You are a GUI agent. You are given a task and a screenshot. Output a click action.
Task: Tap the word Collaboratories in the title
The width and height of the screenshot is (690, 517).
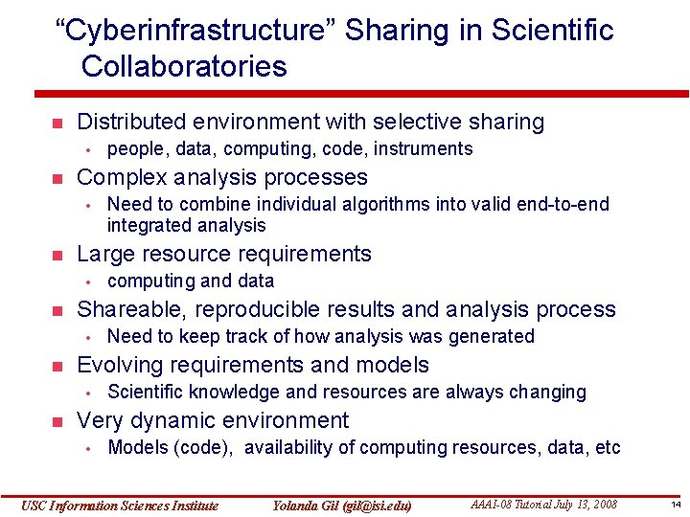point(184,67)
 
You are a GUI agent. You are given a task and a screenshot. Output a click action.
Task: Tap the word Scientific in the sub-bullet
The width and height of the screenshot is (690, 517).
point(146,392)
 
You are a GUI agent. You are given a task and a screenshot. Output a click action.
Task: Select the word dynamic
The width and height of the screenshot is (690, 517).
point(175,420)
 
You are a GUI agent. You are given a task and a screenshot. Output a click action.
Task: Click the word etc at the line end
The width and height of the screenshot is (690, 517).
point(607,447)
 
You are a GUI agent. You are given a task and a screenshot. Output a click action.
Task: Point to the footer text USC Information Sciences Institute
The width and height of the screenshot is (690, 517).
point(120,506)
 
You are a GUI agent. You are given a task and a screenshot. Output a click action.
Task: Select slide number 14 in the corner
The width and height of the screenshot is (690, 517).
point(675,505)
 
